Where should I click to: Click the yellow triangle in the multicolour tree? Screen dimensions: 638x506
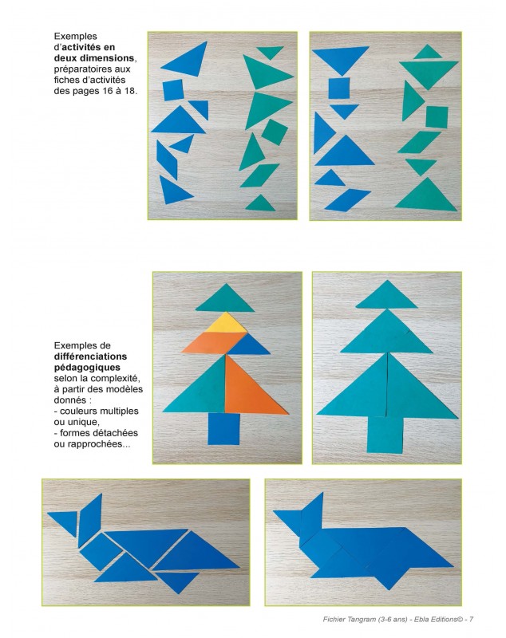coord(227,324)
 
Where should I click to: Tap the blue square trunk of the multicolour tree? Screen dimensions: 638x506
coord(224,428)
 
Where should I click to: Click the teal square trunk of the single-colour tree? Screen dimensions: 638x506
coord(385,433)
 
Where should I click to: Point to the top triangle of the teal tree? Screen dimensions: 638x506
coord(387,297)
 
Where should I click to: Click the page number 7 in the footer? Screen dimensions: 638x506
coord(472,619)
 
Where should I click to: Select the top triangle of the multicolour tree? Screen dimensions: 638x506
coord(224,299)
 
